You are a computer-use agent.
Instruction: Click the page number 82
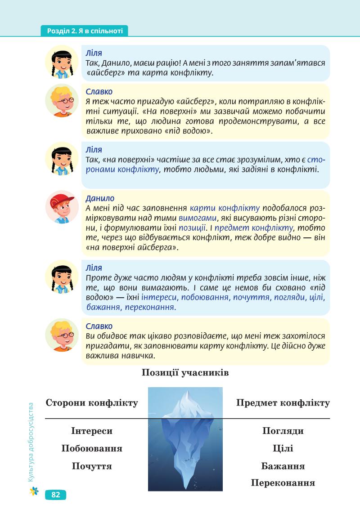click(x=56, y=495)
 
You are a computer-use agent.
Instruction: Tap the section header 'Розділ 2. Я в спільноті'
click(x=85, y=31)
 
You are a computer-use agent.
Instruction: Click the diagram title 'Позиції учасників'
click(x=185, y=373)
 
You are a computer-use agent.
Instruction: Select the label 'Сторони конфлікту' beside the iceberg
click(x=92, y=403)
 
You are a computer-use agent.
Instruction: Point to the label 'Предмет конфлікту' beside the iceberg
click(x=283, y=403)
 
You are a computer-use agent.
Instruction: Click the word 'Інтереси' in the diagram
click(x=92, y=431)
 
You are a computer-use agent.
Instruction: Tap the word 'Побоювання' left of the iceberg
click(x=92, y=448)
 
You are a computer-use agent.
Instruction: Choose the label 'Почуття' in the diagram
click(x=92, y=466)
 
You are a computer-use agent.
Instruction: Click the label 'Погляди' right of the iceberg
click(x=283, y=431)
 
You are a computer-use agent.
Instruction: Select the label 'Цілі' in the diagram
click(x=283, y=448)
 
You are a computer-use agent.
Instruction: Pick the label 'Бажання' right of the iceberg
click(x=283, y=466)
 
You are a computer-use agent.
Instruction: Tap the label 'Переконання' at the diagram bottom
click(x=283, y=483)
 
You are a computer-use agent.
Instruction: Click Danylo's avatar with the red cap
click(x=62, y=207)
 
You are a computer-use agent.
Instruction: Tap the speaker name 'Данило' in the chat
click(x=100, y=198)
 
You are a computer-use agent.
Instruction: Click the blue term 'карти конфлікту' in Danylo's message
click(x=225, y=208)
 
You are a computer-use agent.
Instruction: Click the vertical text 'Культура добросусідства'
click(x=31, y=442)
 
